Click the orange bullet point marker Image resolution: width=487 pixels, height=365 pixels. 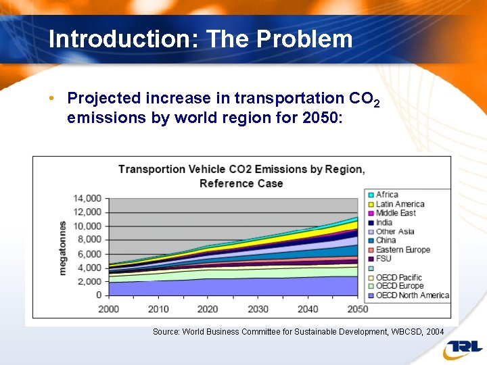52,99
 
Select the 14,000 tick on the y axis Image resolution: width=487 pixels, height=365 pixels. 88,198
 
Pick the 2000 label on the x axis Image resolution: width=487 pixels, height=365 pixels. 109,309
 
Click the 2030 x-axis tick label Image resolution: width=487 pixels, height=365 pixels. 258,309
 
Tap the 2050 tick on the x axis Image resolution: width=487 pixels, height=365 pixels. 357,309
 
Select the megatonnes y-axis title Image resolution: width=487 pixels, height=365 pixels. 63,247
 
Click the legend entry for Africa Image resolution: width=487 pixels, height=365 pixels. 387,195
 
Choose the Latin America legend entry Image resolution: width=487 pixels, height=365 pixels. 400,204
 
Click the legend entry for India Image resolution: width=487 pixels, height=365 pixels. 384,222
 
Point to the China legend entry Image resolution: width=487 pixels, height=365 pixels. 386,241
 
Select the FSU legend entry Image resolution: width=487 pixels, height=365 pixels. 384,259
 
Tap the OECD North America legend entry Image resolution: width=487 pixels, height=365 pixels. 412,295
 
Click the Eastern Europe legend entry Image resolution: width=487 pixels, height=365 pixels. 402,249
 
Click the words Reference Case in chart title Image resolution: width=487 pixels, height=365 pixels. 241,183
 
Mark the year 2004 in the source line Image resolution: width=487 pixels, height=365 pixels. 434,332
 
